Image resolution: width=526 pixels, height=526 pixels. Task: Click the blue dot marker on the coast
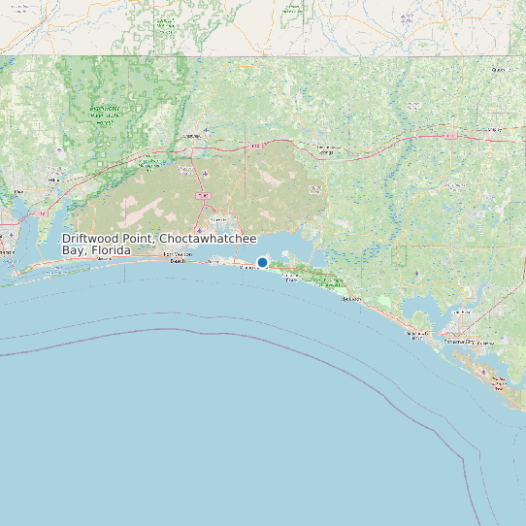(x=262, y=262)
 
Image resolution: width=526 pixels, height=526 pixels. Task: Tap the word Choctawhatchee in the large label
(x=209, y=239)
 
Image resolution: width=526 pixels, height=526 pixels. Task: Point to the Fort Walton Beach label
(x=179, y=257)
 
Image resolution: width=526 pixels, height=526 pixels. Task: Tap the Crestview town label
(x=191, y=136)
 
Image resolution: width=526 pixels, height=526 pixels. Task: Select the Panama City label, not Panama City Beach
(x=459, y=342)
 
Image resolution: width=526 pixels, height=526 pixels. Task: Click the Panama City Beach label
(x=416, y=335)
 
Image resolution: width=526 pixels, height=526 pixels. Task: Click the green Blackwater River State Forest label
(x=104, y=115)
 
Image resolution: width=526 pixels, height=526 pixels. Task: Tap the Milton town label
(x=55, y=180)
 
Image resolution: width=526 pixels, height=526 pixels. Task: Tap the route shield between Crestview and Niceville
(x=203, y=195)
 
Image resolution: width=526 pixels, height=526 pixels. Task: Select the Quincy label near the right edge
(x=500, y=70)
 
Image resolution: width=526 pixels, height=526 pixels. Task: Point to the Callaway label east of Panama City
(x=486, y=343)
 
